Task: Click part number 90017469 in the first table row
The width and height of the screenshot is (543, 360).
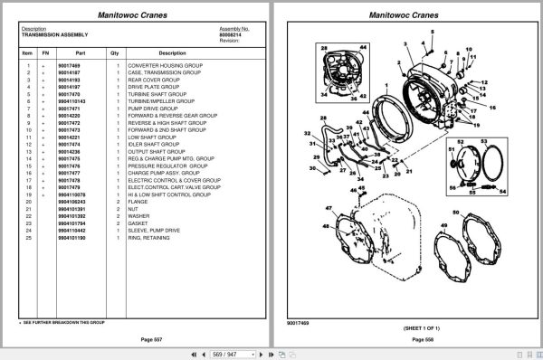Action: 69,66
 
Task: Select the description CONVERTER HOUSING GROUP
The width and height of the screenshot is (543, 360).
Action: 166,66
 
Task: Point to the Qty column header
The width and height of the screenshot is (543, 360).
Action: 115,53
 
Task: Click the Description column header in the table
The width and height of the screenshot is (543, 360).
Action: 172,53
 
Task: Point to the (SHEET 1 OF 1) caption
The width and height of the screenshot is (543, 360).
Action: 411,327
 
